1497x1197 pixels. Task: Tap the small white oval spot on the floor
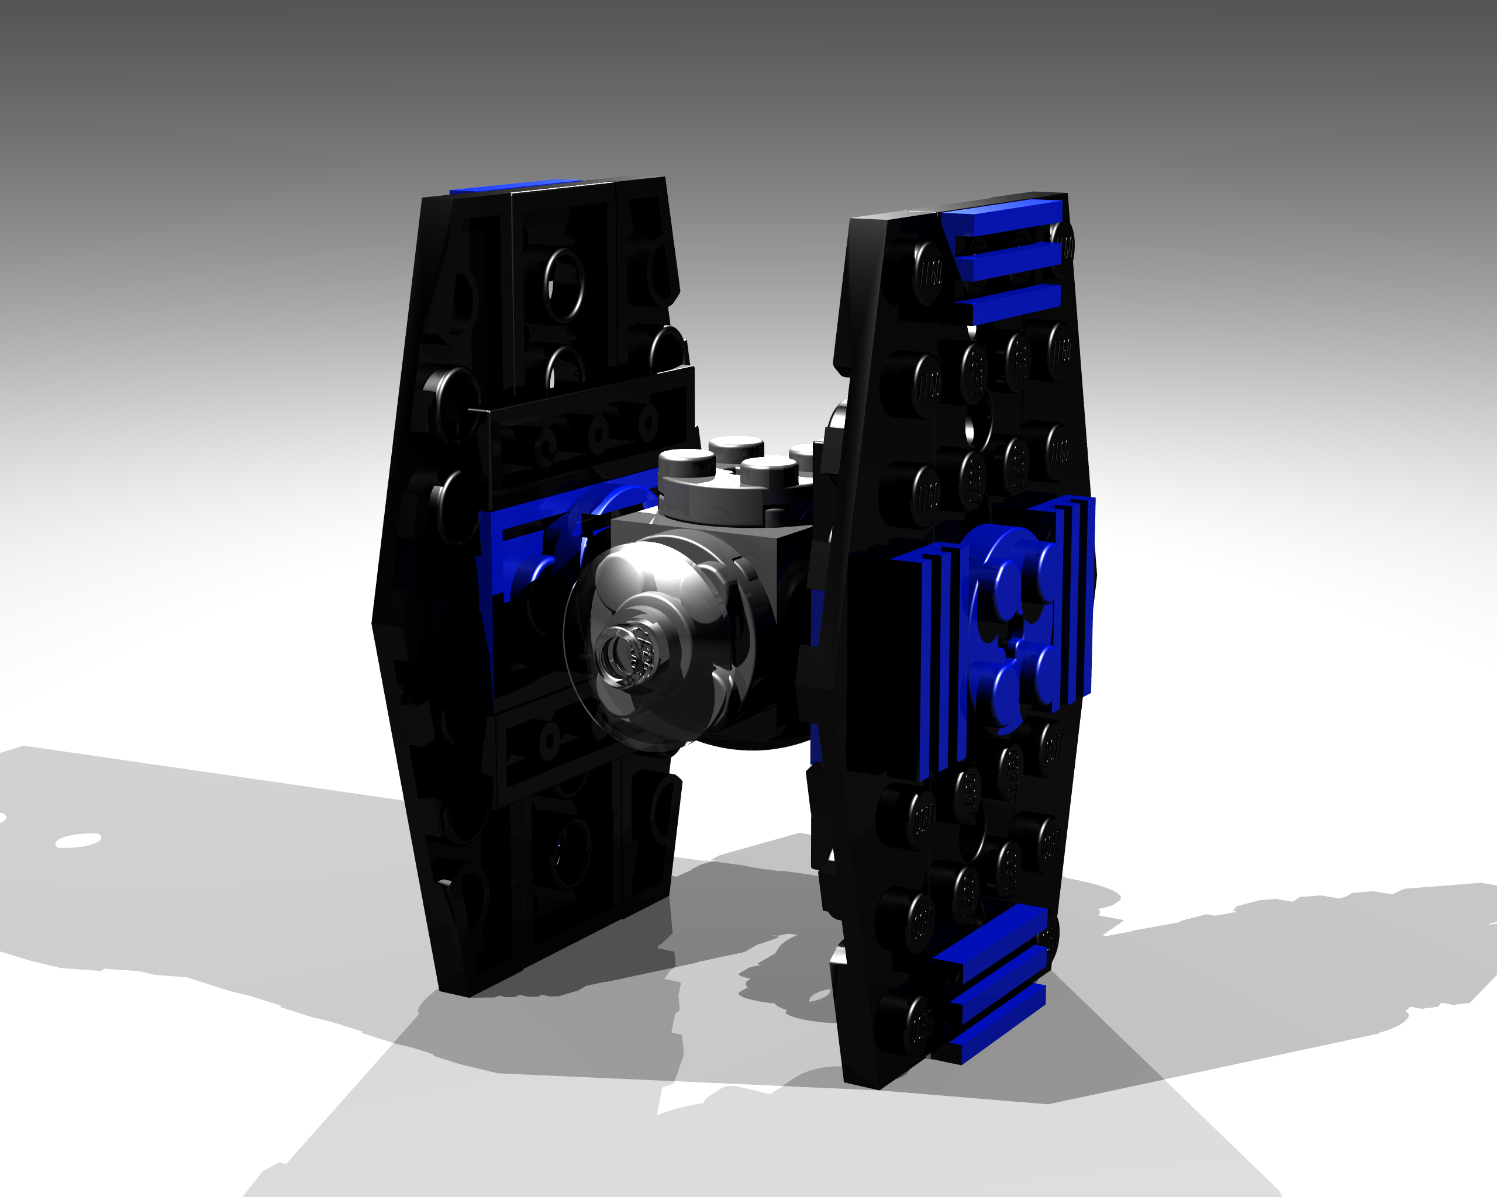78,840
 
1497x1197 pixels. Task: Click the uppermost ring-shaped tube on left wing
564,285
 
